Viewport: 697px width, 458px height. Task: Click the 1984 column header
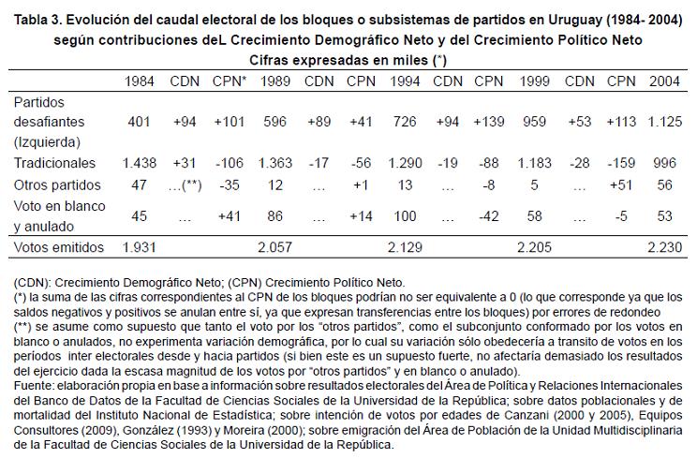[140, 81]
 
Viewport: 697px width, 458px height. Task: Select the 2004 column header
[664, 81]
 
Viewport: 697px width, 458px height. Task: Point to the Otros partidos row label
[53, 184]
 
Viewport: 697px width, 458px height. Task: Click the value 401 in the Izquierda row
[140, 123]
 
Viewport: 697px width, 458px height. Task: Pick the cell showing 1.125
[664, 123]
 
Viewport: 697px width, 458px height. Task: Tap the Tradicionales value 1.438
[140, 162]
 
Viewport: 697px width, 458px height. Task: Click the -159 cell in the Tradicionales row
[620, 162]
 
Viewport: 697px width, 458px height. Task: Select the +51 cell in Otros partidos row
[620, 184]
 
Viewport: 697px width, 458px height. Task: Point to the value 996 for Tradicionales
[664, 162]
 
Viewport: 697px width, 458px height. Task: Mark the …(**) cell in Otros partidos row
[185, 184]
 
